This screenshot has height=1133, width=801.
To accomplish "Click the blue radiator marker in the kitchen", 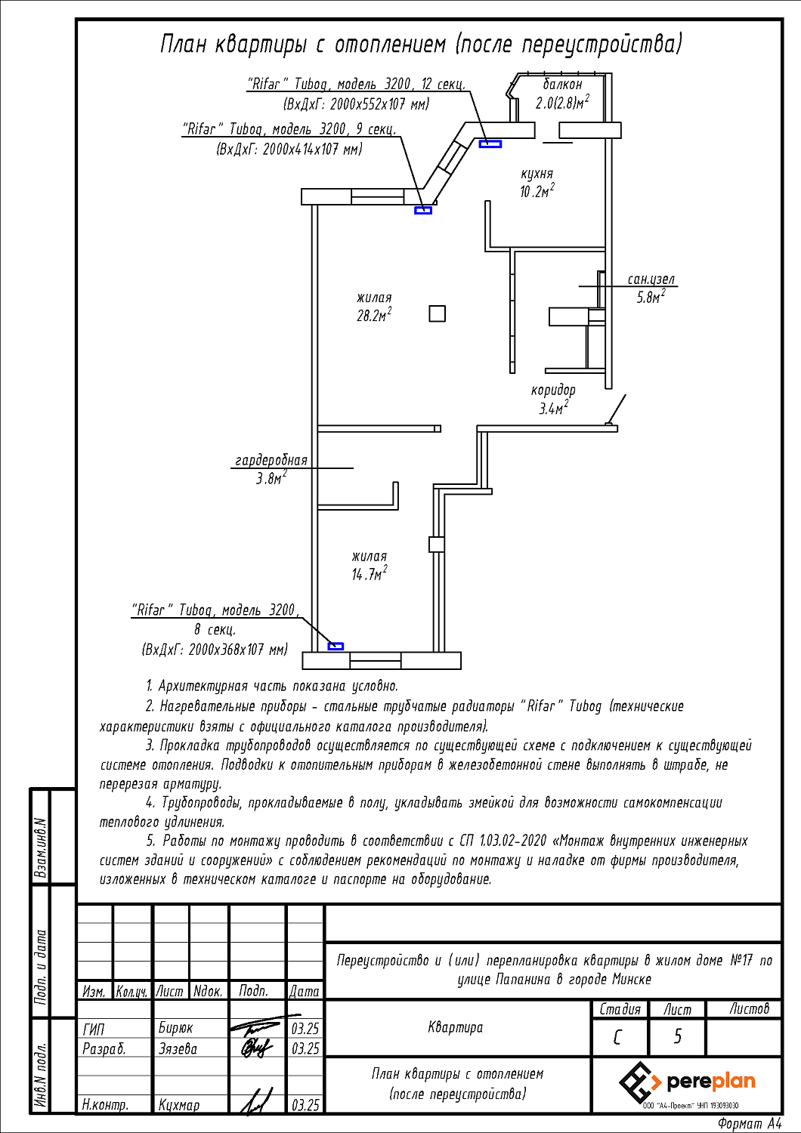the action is pyautogui.click(x=490, y=144).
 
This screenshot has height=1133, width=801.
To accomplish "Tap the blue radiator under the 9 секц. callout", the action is pyautogui.click(x=423, y=211).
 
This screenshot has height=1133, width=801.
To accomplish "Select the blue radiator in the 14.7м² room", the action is pyautogui.click(x=336, y=646).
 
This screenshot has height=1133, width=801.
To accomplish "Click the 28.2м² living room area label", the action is pyautogui.click(x=375, y=316).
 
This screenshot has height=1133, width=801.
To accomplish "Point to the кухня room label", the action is pyautogui.click(x=537, y=174).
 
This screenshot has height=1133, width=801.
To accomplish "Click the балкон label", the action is pyautogui.click(x=563, y=84).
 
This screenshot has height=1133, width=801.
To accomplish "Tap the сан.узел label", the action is pyautogui.click(x=651, y=279).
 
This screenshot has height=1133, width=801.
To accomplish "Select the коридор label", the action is pyautogui.click(x=553, y=391).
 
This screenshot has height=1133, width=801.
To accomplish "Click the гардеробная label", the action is pyautogui.click(x=271, y=460).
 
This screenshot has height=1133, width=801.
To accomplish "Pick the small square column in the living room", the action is pyautogui.click(x=438, y=313).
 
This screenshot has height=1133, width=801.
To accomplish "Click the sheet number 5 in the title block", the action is pyautogui.click(x=678, y=1037).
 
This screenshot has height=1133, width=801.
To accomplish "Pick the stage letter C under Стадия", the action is pyautogui.click(x=617, y=1038).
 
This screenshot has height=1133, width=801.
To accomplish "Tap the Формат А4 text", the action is pyautogui.click(x=750, y=1123).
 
